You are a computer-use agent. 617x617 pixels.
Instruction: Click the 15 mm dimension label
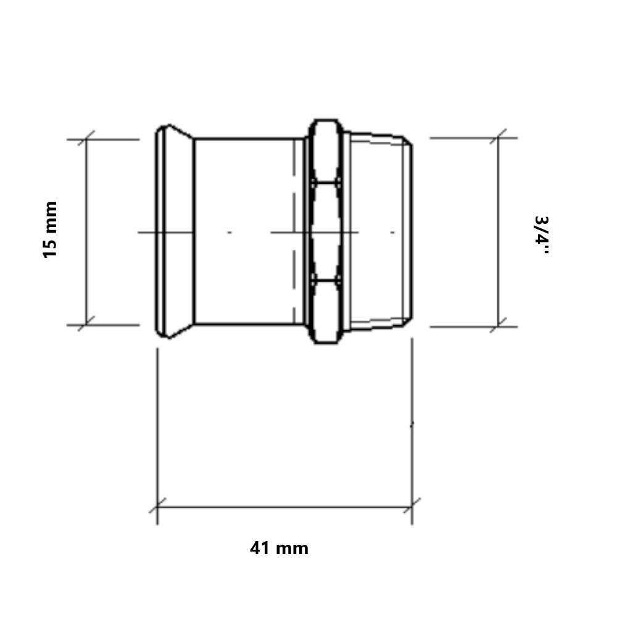49,230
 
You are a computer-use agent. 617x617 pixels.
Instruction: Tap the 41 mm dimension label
279,548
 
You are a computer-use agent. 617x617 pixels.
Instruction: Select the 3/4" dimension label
542,234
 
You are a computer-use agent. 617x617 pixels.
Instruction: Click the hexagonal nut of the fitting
326,231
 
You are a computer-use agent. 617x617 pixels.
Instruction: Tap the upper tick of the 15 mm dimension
86,139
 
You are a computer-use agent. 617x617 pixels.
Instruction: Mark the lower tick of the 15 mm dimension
86,325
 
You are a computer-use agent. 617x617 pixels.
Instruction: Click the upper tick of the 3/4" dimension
498,138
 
